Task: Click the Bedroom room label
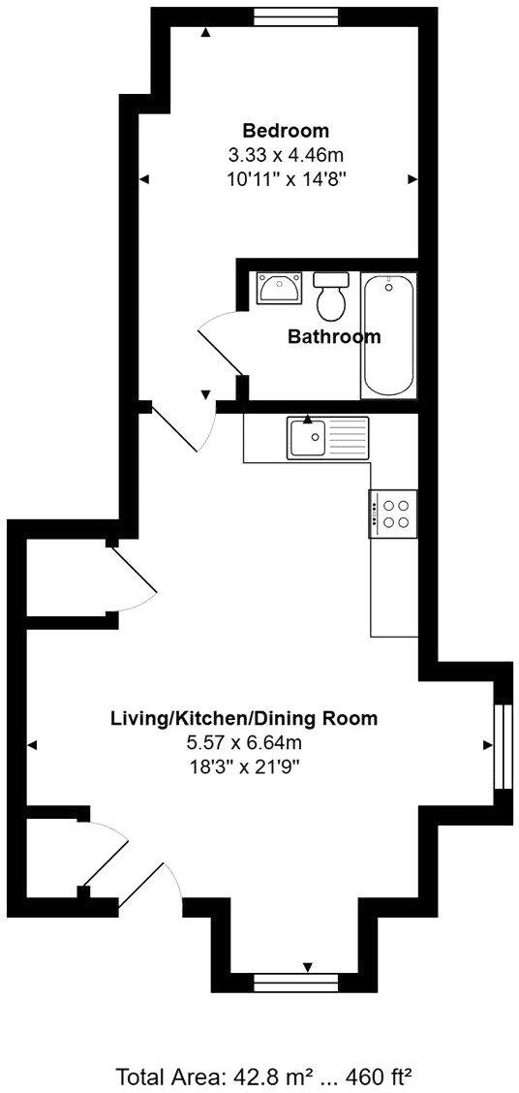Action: [x=285, y=131]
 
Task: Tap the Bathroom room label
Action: [x=334, y=337]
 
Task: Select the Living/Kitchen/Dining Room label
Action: [x=243, y=719]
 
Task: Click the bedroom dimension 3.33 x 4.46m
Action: [x=285, y=155]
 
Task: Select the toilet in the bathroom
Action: [x=330, y=298]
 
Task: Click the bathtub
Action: [x=389, y=334]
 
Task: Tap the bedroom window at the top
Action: [x=296, y=16]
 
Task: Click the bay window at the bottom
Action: [x=295, y=983]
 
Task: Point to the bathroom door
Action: [x=221, y=349]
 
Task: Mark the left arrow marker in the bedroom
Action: [x=144, y=179]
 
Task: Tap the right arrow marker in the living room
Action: [x=489, y=744]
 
